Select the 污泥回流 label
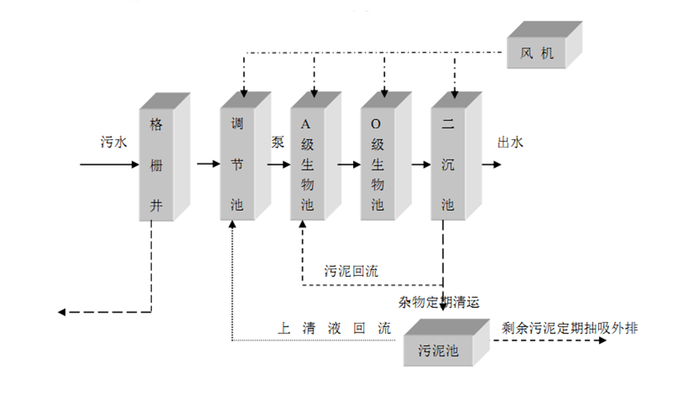pos(351,270)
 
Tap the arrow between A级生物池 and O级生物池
pos(349,165)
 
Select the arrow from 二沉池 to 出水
pos(491,165)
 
